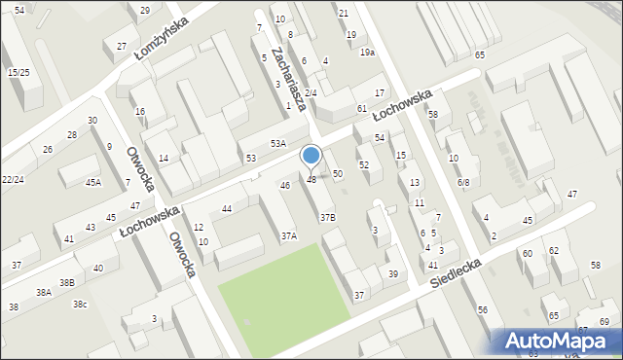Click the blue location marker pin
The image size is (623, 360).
[311, 157]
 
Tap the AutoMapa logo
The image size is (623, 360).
[559, 341]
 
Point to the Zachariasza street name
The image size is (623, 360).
[290, 78]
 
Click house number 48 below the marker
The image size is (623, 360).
[311, 180]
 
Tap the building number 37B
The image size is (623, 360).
[328, 218]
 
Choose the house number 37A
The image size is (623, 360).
[289, 235]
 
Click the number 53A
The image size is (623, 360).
[278, 144]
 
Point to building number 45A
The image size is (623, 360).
[93, 182]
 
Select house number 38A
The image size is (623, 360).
[44, 292]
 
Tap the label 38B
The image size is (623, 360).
[66, 282]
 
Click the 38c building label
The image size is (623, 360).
[80, 305]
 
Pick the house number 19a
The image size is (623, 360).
[366, 52]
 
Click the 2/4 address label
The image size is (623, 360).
[311, 93]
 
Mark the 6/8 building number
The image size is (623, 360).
[463, 182]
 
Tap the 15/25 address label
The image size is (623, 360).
[18, 72]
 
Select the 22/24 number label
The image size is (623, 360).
[13, 180]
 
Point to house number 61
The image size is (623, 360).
[361, 108]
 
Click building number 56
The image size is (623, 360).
[483, 309]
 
